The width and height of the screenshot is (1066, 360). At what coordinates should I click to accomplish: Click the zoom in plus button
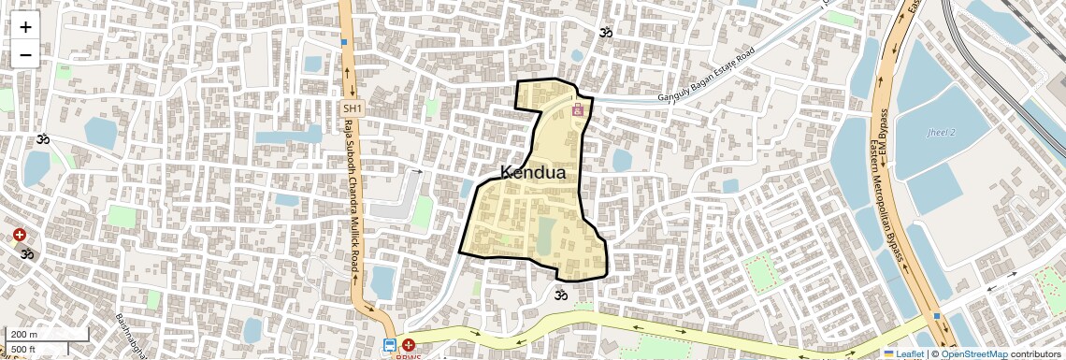(x=25, y=27)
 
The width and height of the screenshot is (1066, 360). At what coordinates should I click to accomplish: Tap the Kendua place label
(x=533, y=172)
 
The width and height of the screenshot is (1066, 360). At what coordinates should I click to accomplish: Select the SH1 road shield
(x=352, y=109)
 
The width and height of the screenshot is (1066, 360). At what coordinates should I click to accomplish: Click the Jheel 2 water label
(x=941, y=133)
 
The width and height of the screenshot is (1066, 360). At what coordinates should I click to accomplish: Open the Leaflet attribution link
(x=903, y=354)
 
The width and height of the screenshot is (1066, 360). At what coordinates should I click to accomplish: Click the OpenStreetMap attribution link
(x=973, y=354)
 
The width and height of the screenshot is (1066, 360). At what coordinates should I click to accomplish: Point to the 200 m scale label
(x=24, y=335)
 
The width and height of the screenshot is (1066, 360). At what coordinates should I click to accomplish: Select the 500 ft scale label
(x=23, y=350)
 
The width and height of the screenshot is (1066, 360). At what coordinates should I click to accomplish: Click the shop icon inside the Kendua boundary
(x=578, y=110)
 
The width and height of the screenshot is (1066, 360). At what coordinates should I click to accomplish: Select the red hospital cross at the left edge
(x=20, y=235)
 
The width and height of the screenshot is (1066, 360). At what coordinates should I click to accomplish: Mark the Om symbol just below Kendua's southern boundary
(x=561, y=295)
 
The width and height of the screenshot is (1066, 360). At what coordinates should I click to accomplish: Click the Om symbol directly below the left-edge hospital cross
(x=27, y=253)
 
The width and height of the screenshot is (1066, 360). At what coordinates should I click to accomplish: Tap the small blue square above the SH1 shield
(x=344, y=42)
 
